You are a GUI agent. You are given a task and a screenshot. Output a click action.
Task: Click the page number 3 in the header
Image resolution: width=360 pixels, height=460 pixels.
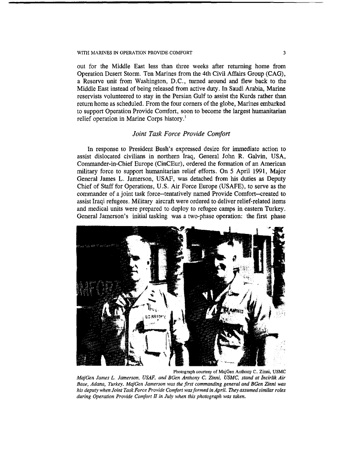[284, 53]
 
